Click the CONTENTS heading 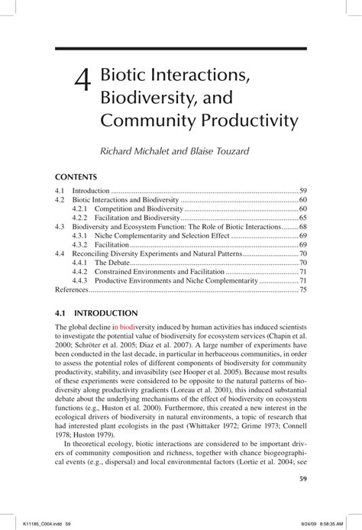pos(77,176)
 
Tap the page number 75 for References pos(302,290)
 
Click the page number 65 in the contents pos(302,218)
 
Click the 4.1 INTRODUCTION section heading pos(97,313)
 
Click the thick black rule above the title pos(181,49)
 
